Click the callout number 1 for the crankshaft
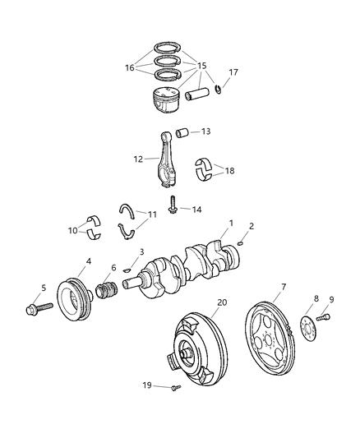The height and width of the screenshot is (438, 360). pyautogui.click(x=231, y=223)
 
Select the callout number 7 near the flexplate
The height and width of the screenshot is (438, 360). pyautogui.click(x=283, y=287)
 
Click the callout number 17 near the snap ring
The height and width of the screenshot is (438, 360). pyautogui.click(x=233, y=72)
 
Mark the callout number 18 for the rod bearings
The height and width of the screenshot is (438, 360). pyautogui.click(x=228, y=171)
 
